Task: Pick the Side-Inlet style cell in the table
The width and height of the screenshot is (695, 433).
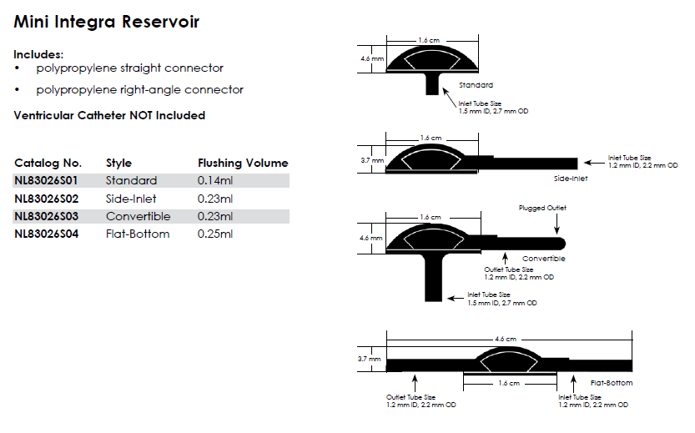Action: pyautogui.click(x=131, y=199)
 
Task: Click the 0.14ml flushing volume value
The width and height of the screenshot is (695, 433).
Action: pyautogui.click(x=215, y=181)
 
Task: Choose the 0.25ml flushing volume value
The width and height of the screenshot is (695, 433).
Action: pyautogui.click(x=215, y=234)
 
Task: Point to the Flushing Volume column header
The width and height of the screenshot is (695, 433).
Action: pyautogui.click(x=243, y=163)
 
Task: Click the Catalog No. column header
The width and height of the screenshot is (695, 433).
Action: pyautogui.click(x=48, y=163)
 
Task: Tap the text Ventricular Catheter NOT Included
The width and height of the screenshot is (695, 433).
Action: pyautogui.click(x=109, y=115)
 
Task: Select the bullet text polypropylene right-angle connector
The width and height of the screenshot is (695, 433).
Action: pyautogui.click(x=139, y=89)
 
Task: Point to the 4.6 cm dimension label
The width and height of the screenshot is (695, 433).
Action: pyautogui.click(x=506, y=340)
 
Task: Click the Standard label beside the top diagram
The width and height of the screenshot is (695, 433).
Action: pyautogui.click(x=476, y=85)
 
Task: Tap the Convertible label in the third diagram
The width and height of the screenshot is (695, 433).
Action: pyautogui.click(x=543, y=259)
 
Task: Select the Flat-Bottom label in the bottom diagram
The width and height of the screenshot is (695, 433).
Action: pyautogui.click(x=611, y=383)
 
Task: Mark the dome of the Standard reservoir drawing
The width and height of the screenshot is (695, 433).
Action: pyautogui.click(x=431, y=60)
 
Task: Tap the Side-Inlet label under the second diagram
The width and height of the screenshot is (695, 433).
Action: pyautogui.click(x=571, y=179)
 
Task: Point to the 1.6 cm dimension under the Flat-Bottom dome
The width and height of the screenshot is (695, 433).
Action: pyautogui.click(x=509, y=383)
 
